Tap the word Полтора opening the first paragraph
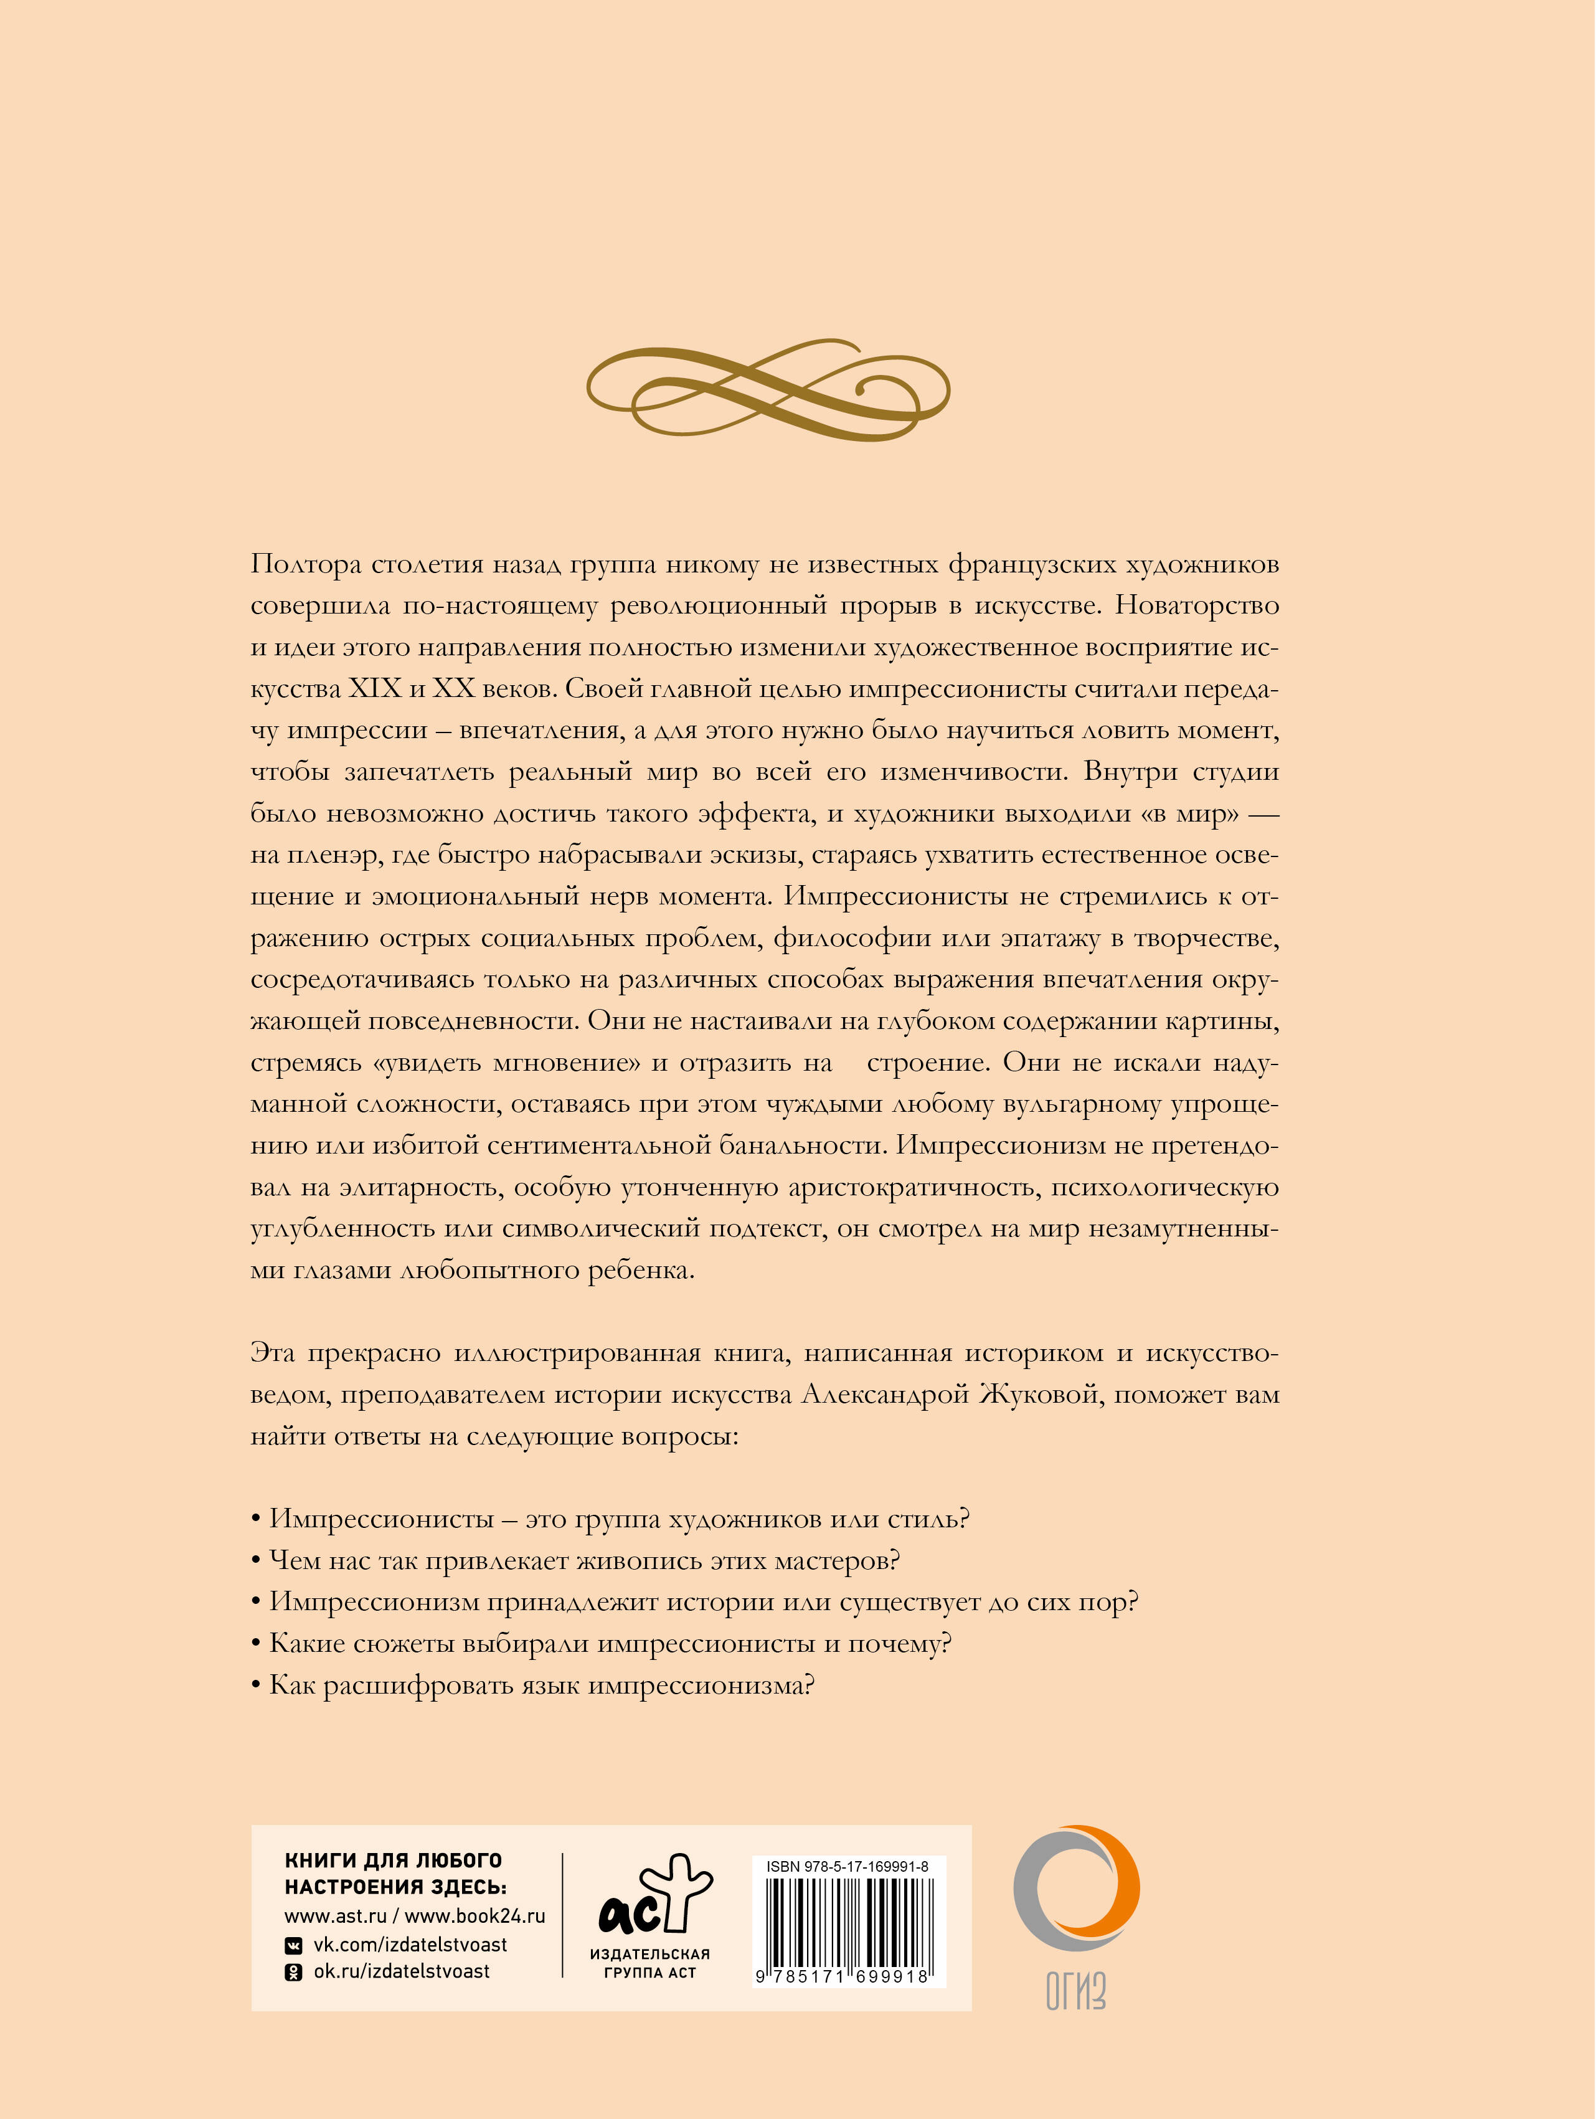tap(306, 564)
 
